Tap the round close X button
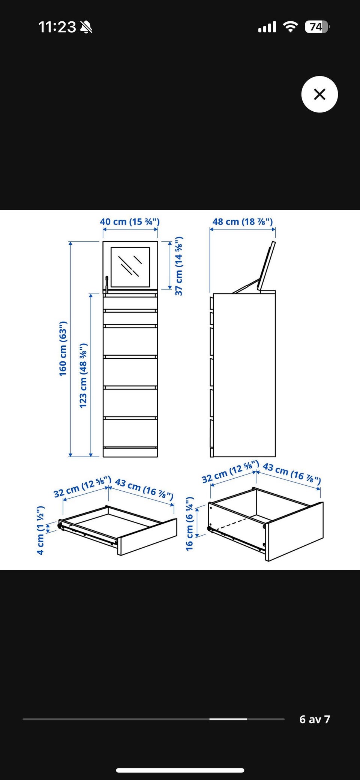pyautogui.click(x=319, y=94)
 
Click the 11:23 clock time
pyautogui.click(x=57, y=27)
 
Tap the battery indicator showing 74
pyautogui.click(x=317, y=27)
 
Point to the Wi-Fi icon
pyautogui.click(x=290, y=27)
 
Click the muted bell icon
pyautogui.click(x=87, y=27)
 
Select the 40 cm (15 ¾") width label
pyautogui.click(x=130, y=222)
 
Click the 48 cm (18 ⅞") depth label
pyautogui.click(x=243, y=222)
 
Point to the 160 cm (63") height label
pyautogui.click(x=63, y=349)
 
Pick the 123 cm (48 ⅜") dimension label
pyautogui.click(x=83, y=375)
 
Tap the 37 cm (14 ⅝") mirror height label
pyautogui.click(x=179, y=266)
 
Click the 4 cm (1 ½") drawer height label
pyautogui.click(x=40, y=530)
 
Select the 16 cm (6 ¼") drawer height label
pyautogui.click(x=190, y=524)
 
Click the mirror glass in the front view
pyautogui.click(x=130, y=267)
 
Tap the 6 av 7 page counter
pyautogui.click(x=315, y=719)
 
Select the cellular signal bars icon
pyautogui.click(x=267, y=27)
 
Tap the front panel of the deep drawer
pyautogui.click(x=294, y=531)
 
